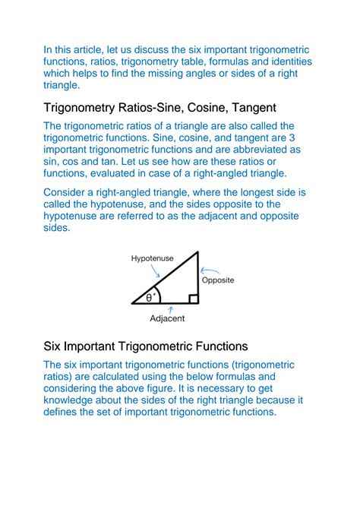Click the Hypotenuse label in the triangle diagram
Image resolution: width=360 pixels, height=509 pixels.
[152, 259]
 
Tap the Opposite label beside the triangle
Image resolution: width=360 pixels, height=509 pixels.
[218, 280]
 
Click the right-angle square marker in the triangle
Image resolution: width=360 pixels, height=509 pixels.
[194, 299]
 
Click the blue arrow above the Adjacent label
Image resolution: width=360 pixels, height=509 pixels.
[172, 308]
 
